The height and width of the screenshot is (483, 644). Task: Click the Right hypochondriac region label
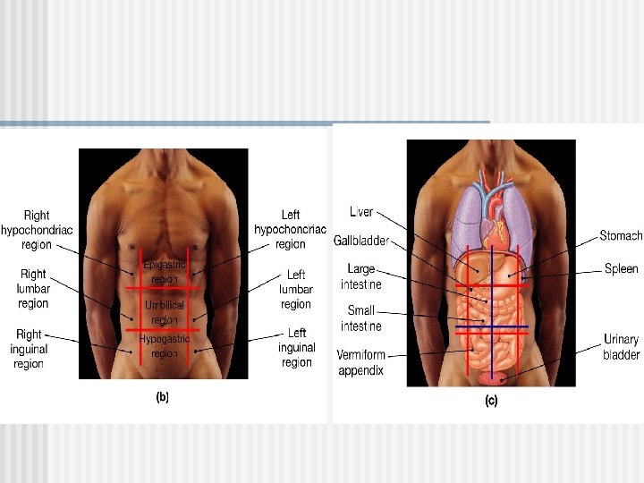click(37, 229)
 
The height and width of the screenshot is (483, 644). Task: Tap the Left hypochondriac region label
click(290, 229)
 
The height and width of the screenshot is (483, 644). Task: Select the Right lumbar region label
click(33, 289)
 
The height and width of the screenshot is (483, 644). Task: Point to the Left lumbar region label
click(296, 289)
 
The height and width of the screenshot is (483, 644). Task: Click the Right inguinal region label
click(29, 349)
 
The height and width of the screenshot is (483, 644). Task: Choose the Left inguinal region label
click(296, 347)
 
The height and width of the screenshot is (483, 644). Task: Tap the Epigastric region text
click(165, 272)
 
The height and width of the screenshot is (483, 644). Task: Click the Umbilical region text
click(165, 312)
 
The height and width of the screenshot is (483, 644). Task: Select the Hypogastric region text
click(165, 346)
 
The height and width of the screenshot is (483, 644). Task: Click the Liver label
click(361, 212)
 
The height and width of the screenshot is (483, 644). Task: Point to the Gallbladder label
click(360, 241)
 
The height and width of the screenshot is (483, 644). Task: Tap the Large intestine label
click(361, 276)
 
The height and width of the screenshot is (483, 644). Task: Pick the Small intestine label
click(361, 318)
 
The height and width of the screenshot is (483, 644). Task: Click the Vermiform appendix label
click(360, 362)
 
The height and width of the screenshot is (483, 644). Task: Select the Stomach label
click(621, 236)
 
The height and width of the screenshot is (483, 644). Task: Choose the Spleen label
click(622, 268)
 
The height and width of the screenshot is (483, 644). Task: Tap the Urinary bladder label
click(622, 347)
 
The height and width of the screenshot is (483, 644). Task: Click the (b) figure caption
click(163, 397)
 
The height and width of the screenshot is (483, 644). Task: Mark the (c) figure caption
click(491, 402)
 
